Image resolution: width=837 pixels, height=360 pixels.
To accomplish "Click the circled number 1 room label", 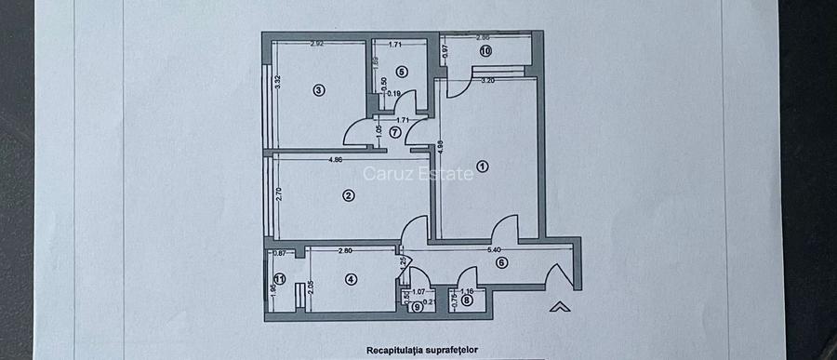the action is [482, 167].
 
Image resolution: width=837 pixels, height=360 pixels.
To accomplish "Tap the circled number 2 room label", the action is [348, 195].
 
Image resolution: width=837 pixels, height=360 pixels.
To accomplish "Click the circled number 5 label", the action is [401, 71].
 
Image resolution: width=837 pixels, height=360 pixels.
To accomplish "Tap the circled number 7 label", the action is [394, 132].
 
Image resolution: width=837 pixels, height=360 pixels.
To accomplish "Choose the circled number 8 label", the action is [467, 299].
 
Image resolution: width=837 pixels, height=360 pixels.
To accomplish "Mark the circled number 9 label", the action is [417, 308].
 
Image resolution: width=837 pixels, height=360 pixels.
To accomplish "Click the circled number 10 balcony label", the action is [485, 51].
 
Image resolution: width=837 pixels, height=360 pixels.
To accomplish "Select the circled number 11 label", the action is [279, 278].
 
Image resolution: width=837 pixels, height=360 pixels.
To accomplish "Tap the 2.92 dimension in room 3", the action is [316, 44].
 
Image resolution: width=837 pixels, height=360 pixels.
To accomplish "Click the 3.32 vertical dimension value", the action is [277, 81].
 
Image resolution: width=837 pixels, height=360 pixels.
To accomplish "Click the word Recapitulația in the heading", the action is [396, 351].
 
